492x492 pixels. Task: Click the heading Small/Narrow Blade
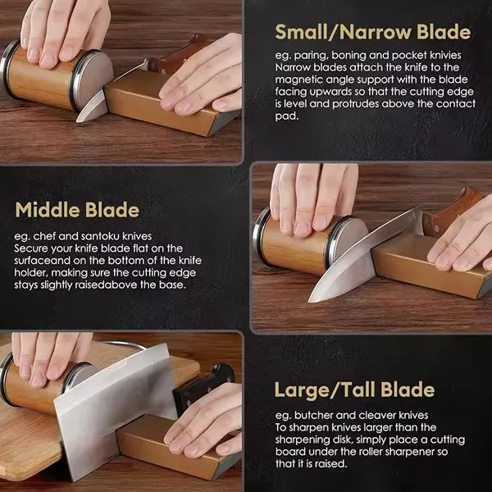pos(372,33)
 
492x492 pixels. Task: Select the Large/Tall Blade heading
pos(366,389)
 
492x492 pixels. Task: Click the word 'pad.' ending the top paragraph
pos(284,116)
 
